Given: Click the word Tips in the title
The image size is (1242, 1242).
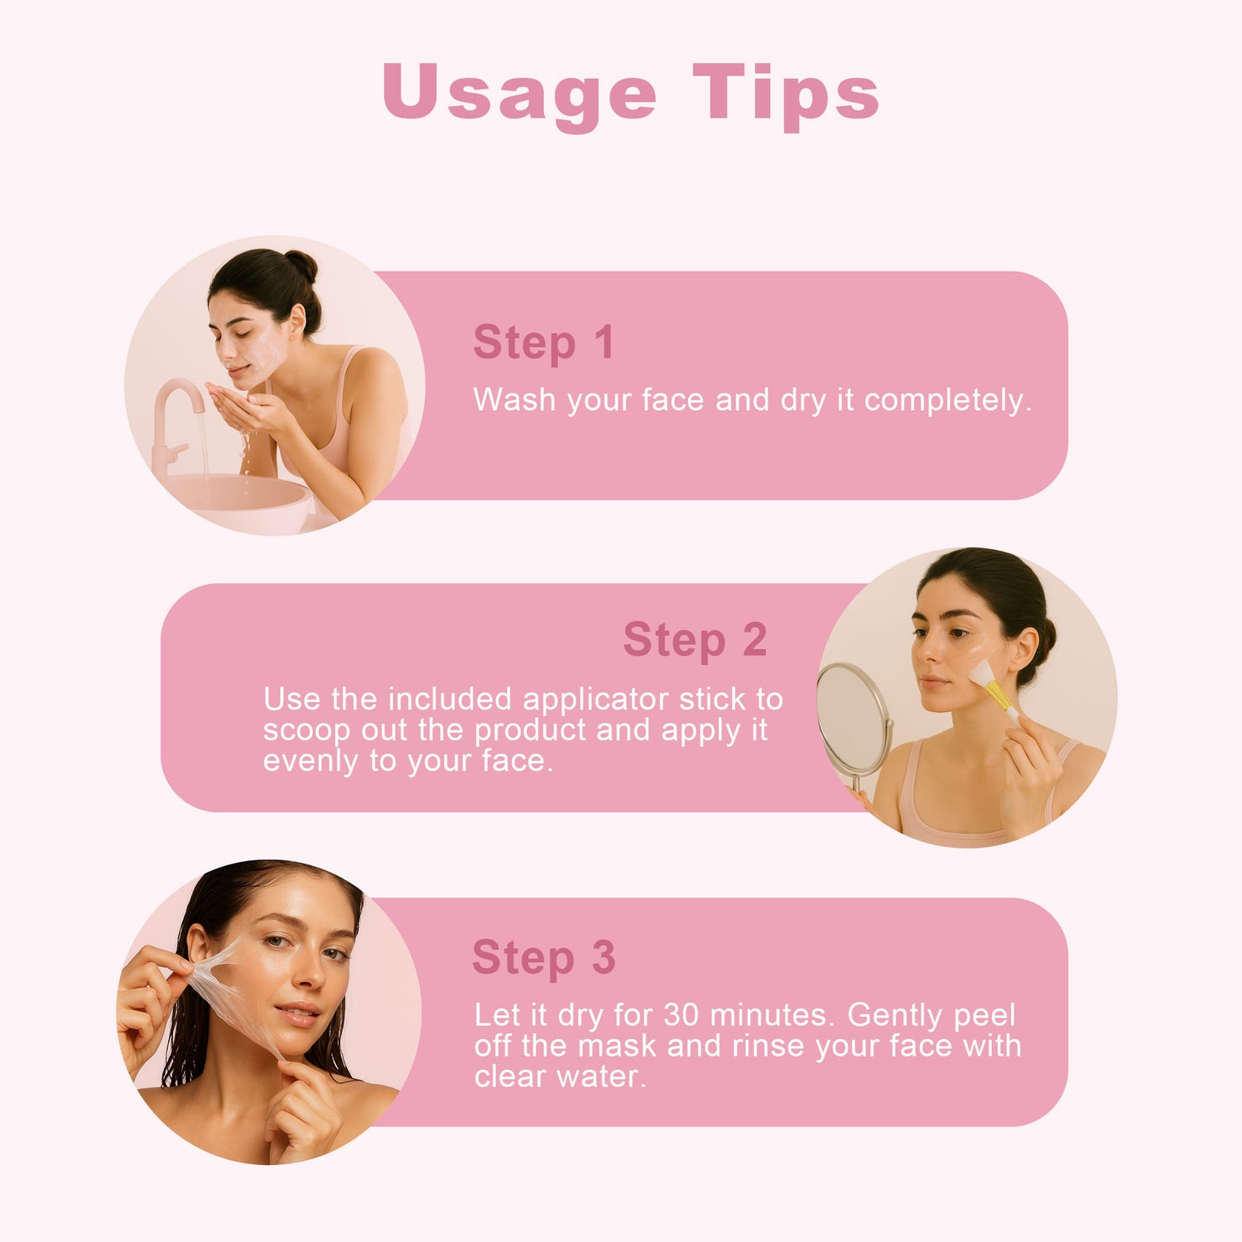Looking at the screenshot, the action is click(x=786, y=94).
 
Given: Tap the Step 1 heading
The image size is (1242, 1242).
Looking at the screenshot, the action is click(x=543, y=344).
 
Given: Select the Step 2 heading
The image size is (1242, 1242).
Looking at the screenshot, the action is click(x=695, y=640).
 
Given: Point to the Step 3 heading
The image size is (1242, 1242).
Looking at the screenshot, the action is click(x=543, y=958).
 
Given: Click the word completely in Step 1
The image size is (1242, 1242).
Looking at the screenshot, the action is click(x=948, y=401).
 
